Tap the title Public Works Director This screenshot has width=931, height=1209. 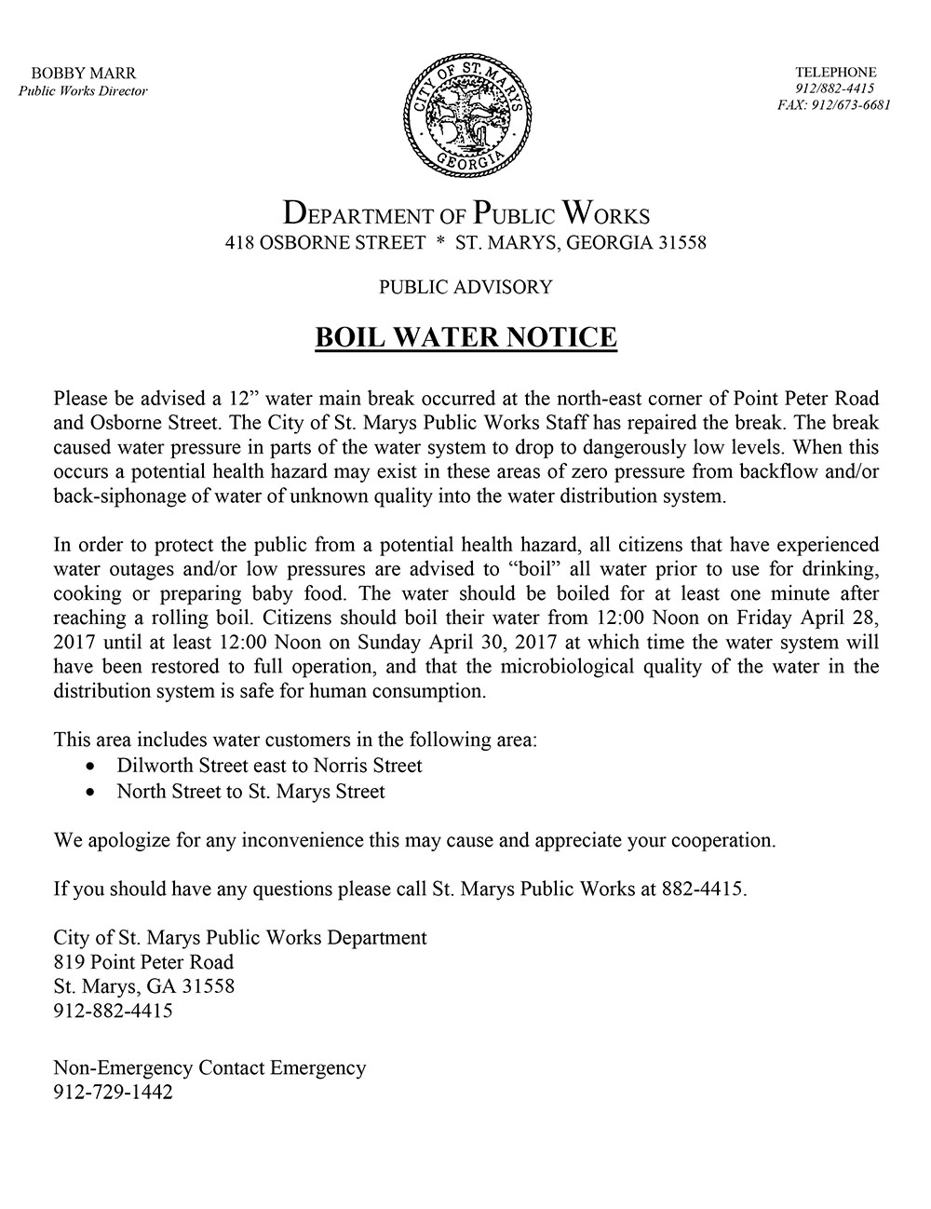tap(84, 90)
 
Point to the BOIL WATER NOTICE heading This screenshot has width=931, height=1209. tap(465, 336)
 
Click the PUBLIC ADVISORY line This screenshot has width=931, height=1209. tap(465, 287)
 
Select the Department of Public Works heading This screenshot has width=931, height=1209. tap(465, 213)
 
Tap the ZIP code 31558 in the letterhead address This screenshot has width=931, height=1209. tap(681, 244)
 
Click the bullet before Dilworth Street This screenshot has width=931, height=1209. tap(89, 767)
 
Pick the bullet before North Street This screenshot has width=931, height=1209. tap(89, 793)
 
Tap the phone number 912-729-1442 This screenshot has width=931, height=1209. tap(113, 1093)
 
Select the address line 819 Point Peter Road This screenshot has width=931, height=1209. tap(143, 961)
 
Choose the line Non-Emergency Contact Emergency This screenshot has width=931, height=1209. tap(209, 1067)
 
